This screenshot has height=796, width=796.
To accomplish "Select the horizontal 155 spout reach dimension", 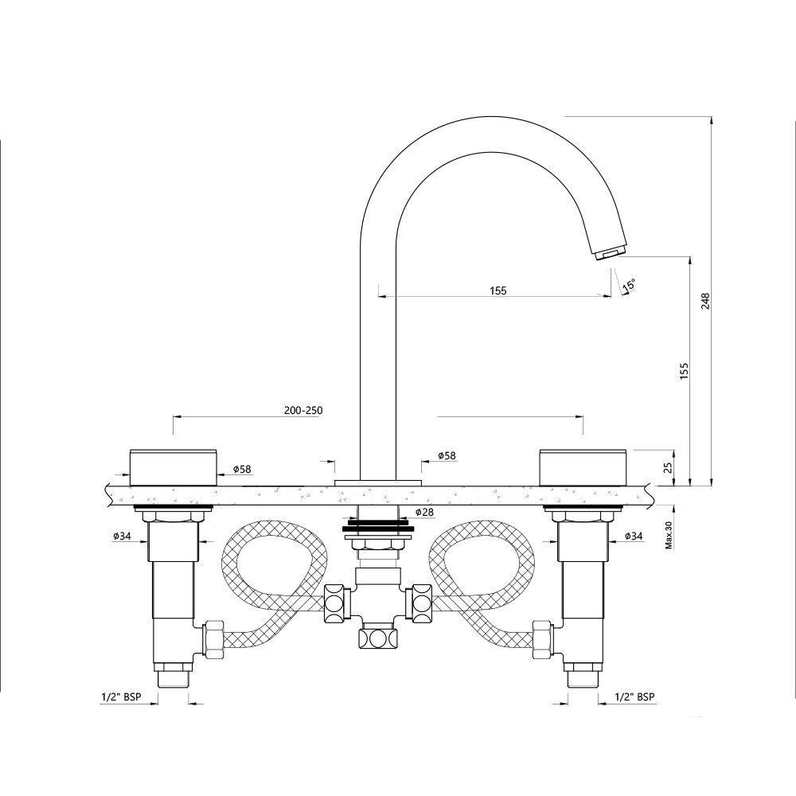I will tap(497, 291).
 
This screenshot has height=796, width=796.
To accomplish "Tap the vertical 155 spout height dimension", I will tap(685, 372).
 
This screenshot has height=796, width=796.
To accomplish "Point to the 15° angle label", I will tap(629, 284).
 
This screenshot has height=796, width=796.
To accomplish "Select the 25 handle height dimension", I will tap(669, 466).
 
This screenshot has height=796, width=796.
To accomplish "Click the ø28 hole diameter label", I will tap(424, 512).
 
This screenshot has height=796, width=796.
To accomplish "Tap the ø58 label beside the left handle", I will tap(242, 469).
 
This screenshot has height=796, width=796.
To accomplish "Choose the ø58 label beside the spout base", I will tap(447, 456).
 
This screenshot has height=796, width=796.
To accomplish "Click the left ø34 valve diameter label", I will tap(122, 536).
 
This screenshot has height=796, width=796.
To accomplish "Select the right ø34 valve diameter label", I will tap(634, 536).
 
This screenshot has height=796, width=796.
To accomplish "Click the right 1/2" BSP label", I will tap(635, 696).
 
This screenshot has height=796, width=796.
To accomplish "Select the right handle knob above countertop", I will tap(585, 466).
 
